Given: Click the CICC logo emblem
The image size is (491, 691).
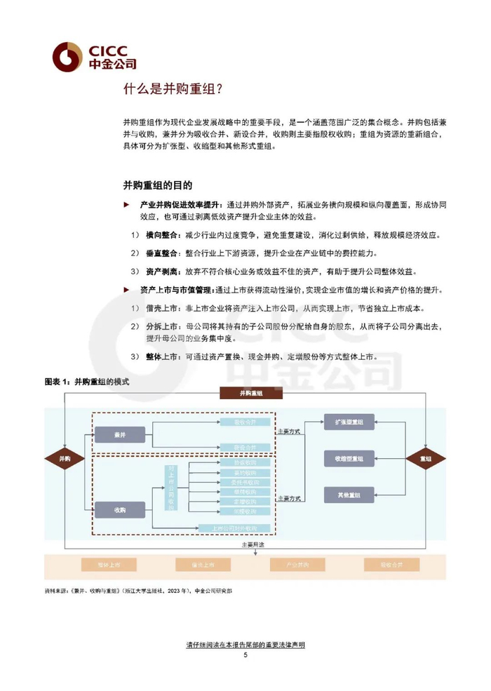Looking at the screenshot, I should pyautogui.click(x=68, y=56).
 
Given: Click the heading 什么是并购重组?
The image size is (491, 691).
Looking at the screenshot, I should pyautogui.click(x=173, y=90).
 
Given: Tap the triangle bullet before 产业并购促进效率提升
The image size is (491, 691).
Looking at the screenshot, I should pyautogui.click(x=126, y=204).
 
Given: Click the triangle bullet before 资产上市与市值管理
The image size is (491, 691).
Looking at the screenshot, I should pyautogui.click(x=126, y=290).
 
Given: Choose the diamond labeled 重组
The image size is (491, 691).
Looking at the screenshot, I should pyautogui.click(x=425, y=458).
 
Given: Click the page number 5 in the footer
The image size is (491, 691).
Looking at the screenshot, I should pyautogui.click(x=245, y=655).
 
